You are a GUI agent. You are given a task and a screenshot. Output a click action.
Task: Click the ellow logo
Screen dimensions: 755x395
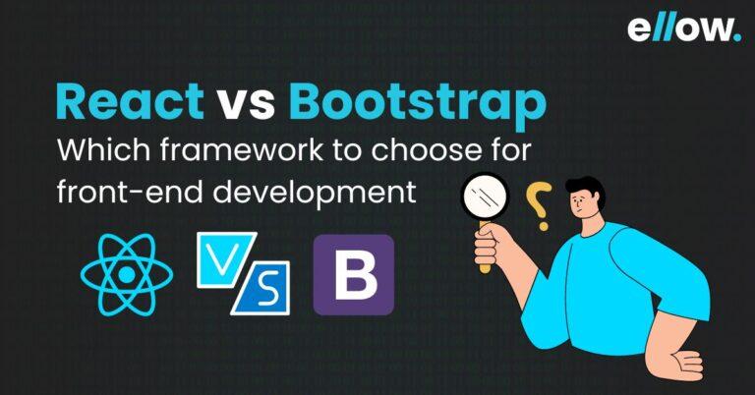click(684, 28)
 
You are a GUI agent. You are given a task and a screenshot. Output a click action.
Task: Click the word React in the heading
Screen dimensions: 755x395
click(130, 101)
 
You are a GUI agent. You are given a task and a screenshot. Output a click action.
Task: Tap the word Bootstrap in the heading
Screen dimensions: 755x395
click(418, 106)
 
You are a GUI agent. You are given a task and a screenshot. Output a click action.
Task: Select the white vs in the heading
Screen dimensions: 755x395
click(246, 106)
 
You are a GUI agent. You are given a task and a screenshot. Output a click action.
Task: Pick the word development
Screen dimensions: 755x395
click(315, 194)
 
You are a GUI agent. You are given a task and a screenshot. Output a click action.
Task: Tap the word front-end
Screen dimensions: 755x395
click(130, 192)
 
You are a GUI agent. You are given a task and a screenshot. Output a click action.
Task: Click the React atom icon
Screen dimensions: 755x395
click(127, 274)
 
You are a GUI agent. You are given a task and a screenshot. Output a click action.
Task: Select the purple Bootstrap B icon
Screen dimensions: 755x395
click(354, 275)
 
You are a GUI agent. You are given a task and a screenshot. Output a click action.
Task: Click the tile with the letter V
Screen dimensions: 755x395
click(226, 259)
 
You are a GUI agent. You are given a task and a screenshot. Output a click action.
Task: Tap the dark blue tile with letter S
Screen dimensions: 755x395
click(261, 288)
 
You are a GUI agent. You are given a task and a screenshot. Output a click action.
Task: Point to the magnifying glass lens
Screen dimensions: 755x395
click(485, 197)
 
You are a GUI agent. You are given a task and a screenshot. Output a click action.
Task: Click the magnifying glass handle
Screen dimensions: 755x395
click(485, 248)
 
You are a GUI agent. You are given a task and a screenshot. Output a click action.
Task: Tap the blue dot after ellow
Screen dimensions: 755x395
click(738, 38)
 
